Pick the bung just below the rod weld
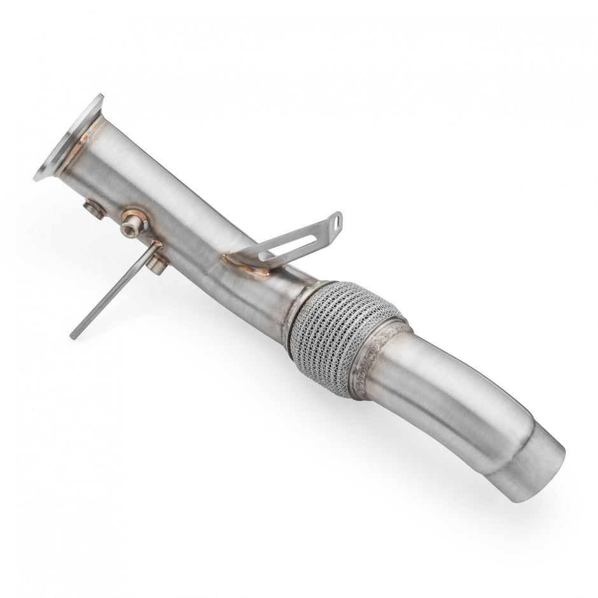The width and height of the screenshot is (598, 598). point(158,263)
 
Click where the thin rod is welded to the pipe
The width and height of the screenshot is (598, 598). point(155,246)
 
